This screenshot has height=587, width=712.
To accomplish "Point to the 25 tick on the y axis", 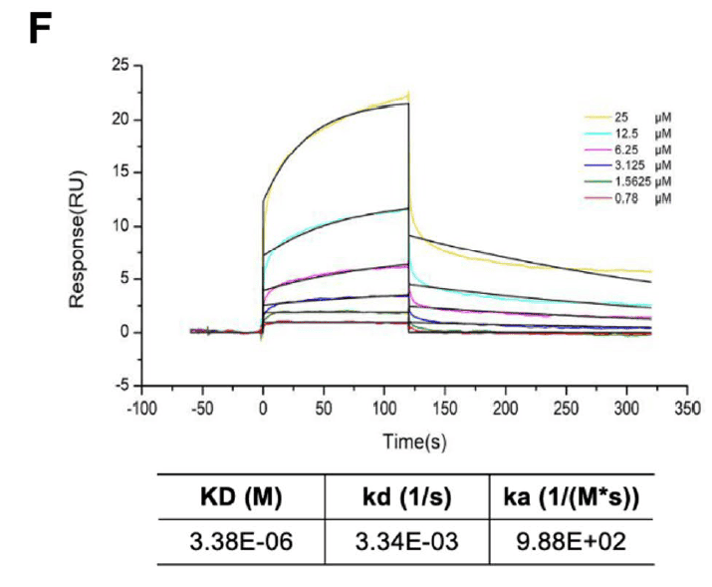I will pyautogui.click(x=123, y=66).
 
